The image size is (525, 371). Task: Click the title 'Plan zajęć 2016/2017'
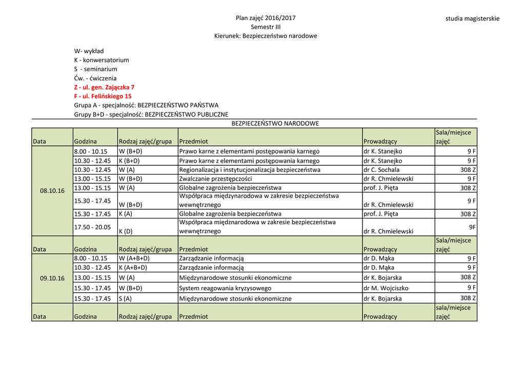pos(266,18)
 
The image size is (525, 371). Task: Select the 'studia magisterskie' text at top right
pos(472,18)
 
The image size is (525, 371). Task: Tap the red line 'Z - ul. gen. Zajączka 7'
pos(104,87)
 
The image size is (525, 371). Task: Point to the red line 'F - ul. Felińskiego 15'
pos(103,96)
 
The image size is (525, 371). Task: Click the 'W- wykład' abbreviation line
pos(89,51)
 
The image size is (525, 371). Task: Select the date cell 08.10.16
pos(52,190)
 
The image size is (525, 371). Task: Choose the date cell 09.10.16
pos(52,278)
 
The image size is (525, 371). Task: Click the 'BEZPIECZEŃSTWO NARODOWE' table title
pos(275,123)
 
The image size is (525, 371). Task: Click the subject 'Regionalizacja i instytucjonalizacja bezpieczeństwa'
pos(250,169)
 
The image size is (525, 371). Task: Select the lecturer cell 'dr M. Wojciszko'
pos(387,288)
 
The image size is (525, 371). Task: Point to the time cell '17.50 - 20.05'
pos(92,227)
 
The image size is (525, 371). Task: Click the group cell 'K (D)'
pos(126,231)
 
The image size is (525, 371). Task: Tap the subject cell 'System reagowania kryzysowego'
pos(225,288)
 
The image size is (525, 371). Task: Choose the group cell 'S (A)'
pos(125,298)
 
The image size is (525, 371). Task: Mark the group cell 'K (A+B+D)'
pos(133,267)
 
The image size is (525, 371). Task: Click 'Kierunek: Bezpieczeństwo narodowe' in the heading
pos(266,36)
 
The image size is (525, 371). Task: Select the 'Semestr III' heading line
pos(266,27)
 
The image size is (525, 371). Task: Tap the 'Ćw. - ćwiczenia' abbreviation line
pos(95,78)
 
